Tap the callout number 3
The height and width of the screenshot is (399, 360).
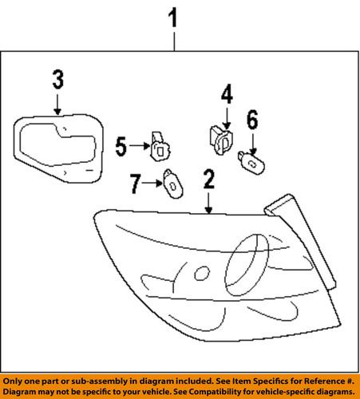(x=57, y=81)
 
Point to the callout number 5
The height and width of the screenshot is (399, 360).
(x=121, y=146)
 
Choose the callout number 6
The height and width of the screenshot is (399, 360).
(x=252, y=122)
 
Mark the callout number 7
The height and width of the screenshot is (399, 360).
(x=135, y=185)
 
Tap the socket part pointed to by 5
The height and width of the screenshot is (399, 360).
(x=159, y=146)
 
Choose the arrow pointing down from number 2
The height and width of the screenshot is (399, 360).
(x=208, y=204)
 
